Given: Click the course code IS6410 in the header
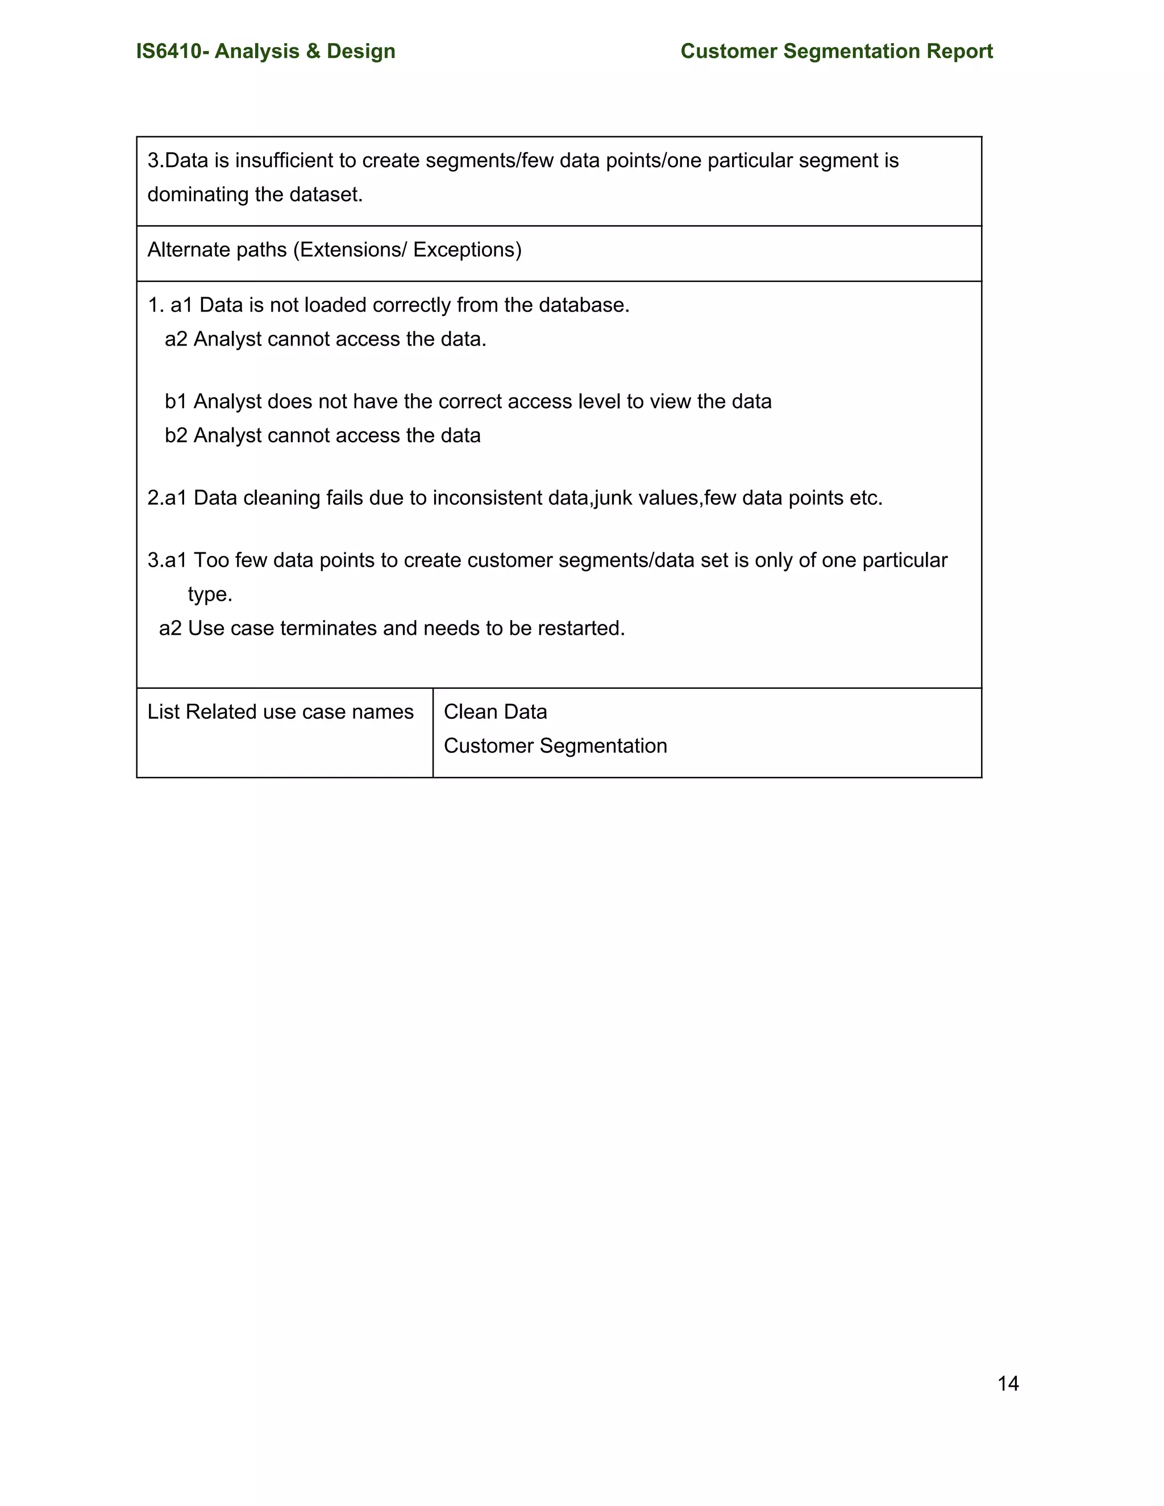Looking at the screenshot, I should pyautogui.click(x=169, y=51).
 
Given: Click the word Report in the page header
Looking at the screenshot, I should pyautogui.click(x=959, y=51).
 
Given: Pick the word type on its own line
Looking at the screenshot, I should pyautogui.click(x=209, y=594).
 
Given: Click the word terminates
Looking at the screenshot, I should pyautogui.click(x=329, y=628).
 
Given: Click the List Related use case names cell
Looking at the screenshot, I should pyautogui.click(x=280, y=712).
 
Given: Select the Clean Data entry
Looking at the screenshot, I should pyautogui.click(x=495, y=712).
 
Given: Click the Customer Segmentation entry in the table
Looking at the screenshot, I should pyautogui.click(x=555, y=746).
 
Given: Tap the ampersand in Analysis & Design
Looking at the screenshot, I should pyautogui.click(x=313, y=51).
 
